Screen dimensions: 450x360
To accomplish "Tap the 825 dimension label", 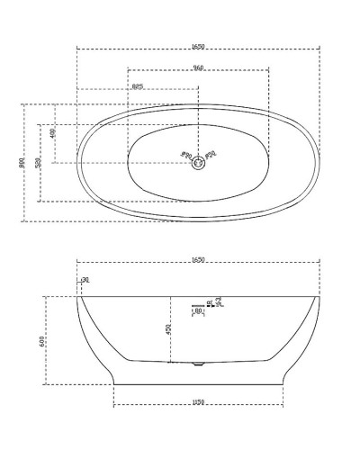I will [x=138, y=86].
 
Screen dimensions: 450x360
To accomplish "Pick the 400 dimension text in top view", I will [x=53, y=133].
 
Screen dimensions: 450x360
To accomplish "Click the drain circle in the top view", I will [x=198, y=162].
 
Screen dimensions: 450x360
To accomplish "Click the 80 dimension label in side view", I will [x=198, y=310].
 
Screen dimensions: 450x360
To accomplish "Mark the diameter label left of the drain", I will [x=186, y=154].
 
